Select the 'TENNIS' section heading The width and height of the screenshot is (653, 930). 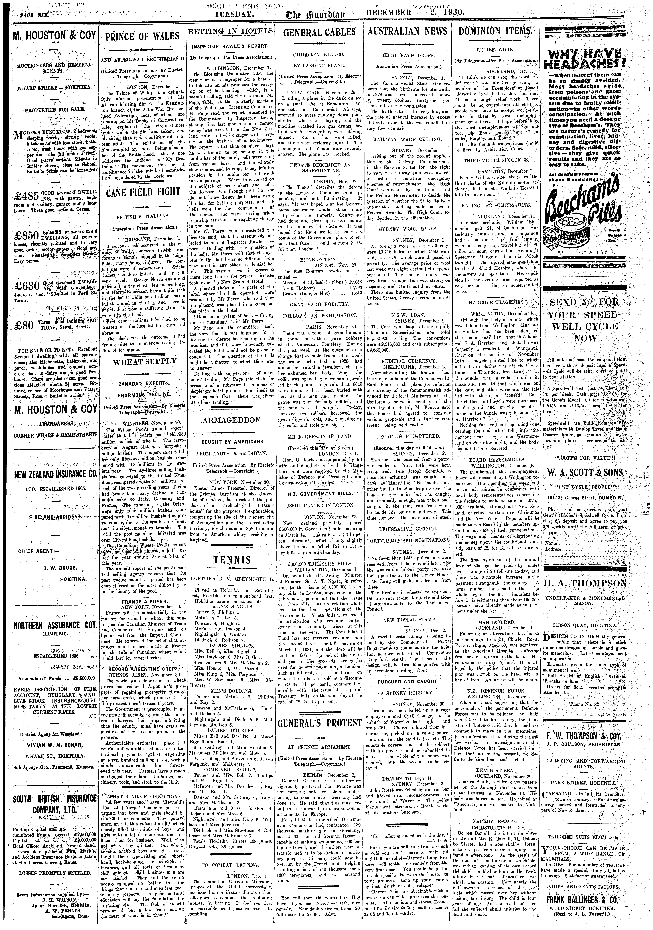(232, 560)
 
